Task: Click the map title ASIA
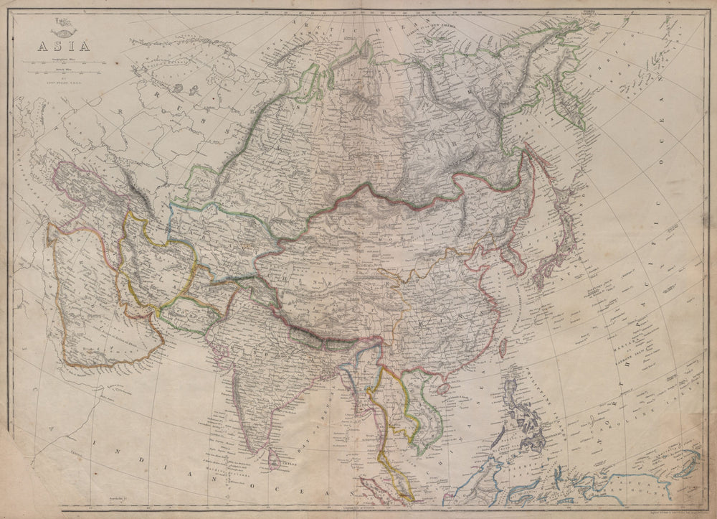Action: pos(60,47)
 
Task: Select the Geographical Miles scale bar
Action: pos(60,62)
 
